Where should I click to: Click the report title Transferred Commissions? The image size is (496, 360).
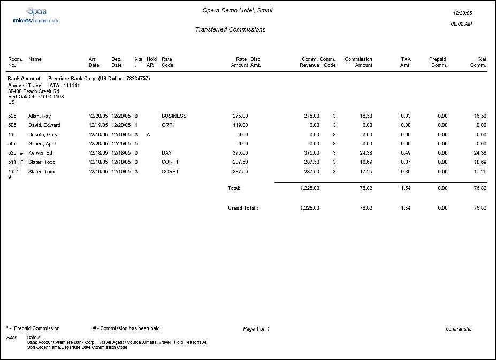[231, 30]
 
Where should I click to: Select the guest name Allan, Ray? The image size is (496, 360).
[40, 116]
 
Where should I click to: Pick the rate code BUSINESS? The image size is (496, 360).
[174, 116]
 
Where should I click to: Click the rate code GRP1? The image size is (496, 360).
[169, 125]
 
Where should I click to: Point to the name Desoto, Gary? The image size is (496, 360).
[43, 135]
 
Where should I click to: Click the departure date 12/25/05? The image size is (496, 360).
[121, 144]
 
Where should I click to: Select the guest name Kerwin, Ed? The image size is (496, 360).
[40, 153]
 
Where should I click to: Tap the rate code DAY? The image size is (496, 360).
[166, 153]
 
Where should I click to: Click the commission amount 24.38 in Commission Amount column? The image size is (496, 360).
[366, 153]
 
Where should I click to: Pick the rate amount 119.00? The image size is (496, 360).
[240, 125]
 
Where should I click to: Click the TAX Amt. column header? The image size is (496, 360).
[405, 62]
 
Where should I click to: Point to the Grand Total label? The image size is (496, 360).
[243, 208]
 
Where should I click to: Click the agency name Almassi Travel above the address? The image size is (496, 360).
[25, 85]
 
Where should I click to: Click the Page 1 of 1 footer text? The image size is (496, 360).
[256, 328]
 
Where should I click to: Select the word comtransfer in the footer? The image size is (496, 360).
[459, 328]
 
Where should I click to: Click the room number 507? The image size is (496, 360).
[12, 144]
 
